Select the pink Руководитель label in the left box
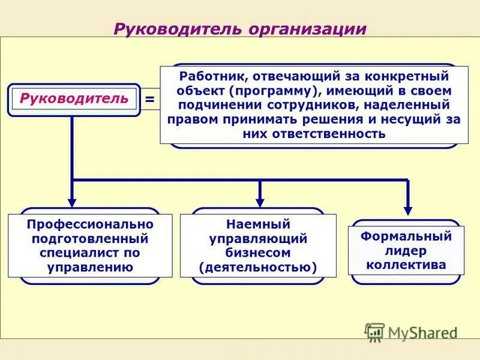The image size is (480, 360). [74, 98]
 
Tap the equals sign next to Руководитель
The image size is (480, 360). [149, 99]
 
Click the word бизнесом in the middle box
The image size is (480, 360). [258, 253]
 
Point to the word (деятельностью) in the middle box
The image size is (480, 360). [258, 267]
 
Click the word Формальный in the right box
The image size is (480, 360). [406, 236]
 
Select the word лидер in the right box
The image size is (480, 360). [406, 250]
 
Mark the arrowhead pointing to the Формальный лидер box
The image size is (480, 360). [408, 211]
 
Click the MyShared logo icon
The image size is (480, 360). [375, 332]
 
